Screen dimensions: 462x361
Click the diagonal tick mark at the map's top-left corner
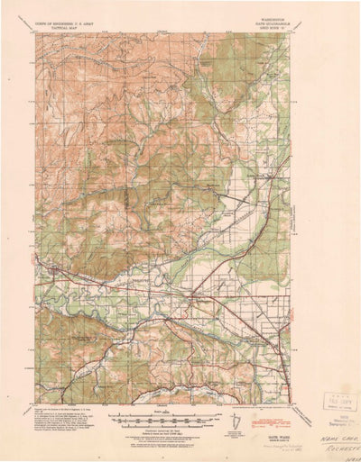[x=30, y=30]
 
